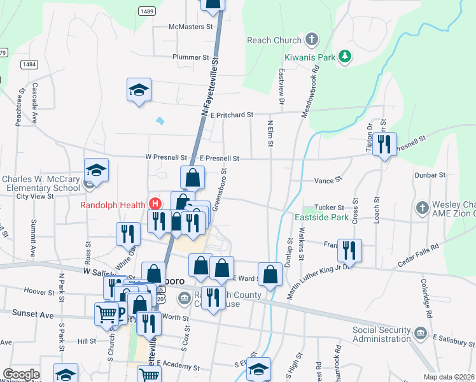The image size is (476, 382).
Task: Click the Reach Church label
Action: [274, 40]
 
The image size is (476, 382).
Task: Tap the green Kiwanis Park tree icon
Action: [344, 57]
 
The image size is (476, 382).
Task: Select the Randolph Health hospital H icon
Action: [154, 204]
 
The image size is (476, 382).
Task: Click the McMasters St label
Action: [190, 27]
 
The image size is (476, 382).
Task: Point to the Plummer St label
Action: [191, 57]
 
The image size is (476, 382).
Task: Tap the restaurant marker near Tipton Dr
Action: [384, 146]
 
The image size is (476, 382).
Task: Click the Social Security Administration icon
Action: [419, 333]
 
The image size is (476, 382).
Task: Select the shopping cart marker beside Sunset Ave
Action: [106, 313]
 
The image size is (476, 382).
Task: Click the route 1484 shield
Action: [29, 64]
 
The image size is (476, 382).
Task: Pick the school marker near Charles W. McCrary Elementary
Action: [96, 171]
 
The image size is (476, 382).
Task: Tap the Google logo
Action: [20, 374]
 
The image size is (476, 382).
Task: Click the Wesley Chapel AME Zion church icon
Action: [422, 208]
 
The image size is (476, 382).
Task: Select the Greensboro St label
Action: [219, 190]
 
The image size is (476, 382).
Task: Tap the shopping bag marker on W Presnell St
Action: [192, 178]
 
